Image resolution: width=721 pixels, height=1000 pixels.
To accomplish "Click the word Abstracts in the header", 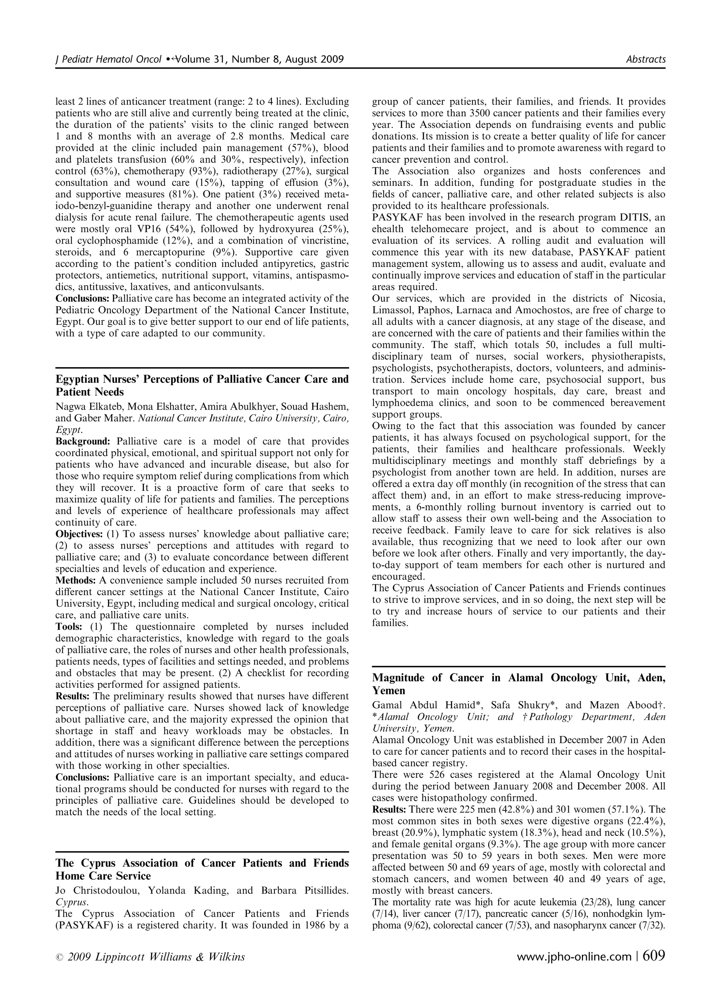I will click(646, 59).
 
